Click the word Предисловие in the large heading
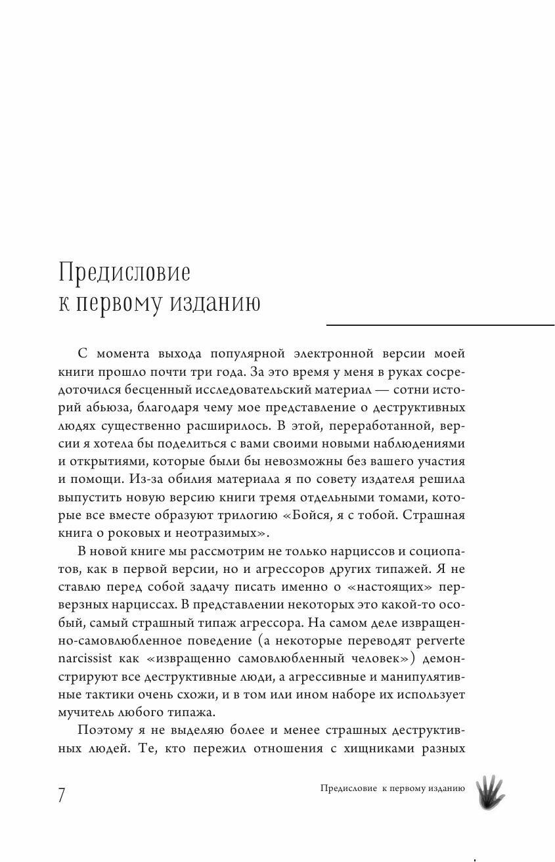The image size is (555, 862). click(124, 271)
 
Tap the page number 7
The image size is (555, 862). click(62, 794)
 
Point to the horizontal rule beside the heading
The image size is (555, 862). click(440, 325)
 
